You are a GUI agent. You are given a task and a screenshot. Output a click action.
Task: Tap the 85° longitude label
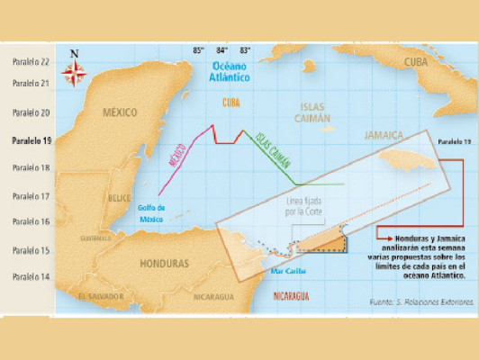[198, 51]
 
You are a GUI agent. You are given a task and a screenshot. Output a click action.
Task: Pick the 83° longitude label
[245, 51]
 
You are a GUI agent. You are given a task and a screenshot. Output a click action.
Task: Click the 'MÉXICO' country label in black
[119, 112]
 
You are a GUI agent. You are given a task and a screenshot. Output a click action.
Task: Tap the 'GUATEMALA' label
[96, 238]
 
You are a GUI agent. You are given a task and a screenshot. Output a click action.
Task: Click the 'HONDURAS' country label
[165, 264]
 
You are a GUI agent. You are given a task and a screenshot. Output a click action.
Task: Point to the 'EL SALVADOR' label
[99, 295]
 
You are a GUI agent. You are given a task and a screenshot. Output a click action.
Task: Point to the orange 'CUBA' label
[231, 102]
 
